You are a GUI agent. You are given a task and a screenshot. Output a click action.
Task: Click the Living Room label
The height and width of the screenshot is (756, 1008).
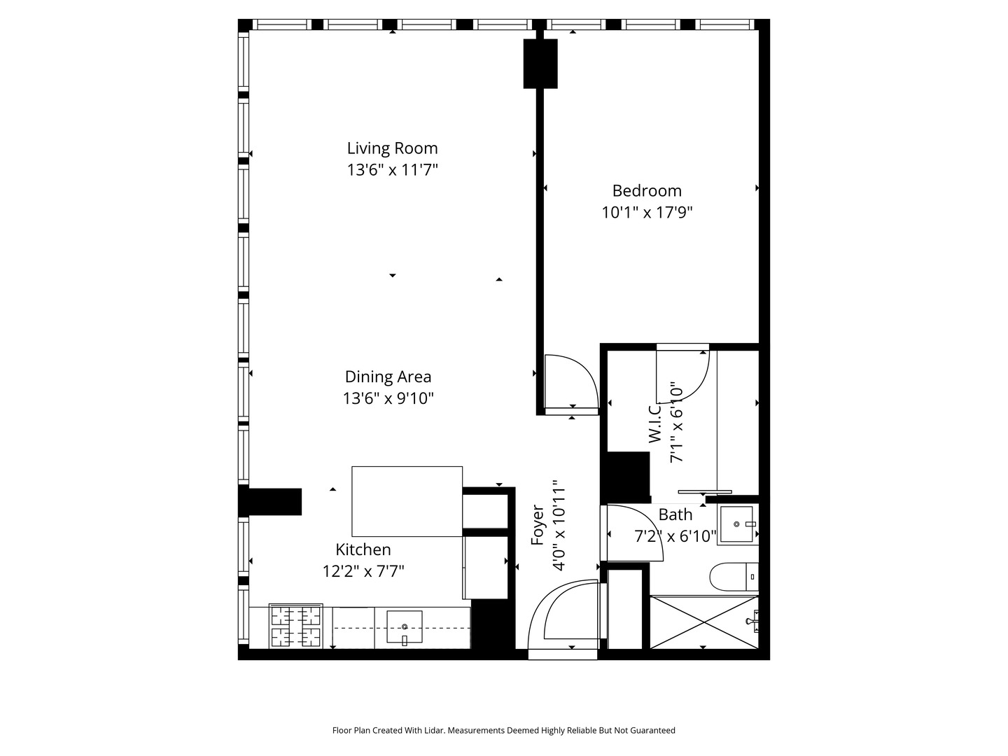click(392, 148)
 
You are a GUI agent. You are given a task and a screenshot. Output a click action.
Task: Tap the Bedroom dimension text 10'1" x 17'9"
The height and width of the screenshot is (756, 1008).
click(647, 212)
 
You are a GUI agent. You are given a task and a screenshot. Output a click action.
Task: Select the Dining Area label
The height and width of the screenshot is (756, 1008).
click(388, 377)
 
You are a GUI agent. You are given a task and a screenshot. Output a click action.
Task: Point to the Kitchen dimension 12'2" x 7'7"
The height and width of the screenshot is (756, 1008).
click(363, 571)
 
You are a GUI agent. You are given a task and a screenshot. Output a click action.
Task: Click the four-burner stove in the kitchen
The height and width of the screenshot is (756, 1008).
click(295, 626)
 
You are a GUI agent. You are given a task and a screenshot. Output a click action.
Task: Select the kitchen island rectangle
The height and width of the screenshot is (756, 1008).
click(407, 501)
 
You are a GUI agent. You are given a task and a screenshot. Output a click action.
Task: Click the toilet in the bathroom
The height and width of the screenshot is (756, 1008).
click(734, 577)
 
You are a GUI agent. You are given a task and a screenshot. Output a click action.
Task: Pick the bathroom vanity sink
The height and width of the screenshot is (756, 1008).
click(736, 524)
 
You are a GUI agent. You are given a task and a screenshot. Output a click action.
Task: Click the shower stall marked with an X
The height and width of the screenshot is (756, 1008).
click(703, 622)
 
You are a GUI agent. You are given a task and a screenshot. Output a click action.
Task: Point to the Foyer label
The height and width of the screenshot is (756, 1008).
click(538, 525)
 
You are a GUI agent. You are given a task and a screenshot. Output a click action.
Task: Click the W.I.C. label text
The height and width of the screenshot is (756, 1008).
click(655, 423)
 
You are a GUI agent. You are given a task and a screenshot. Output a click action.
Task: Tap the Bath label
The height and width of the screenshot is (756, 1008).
click(675, 514)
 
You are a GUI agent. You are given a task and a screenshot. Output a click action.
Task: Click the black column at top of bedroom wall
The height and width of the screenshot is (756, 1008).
click(540, 63)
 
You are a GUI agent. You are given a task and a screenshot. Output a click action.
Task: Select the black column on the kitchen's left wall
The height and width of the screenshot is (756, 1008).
click(271, 501)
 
